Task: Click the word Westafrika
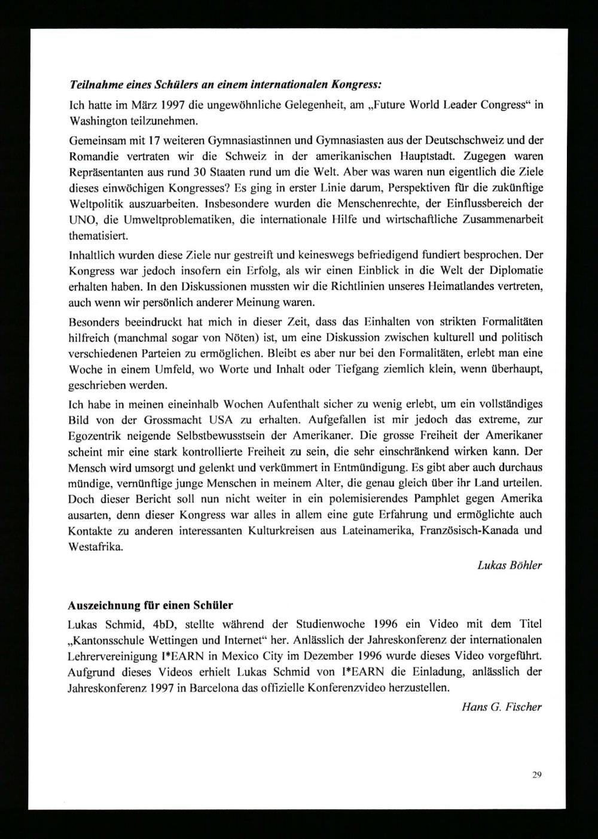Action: point(96,546)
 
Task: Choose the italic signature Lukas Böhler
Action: point(509,565)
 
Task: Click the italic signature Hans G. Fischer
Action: point(502,707)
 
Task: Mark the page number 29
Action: point(536,776)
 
